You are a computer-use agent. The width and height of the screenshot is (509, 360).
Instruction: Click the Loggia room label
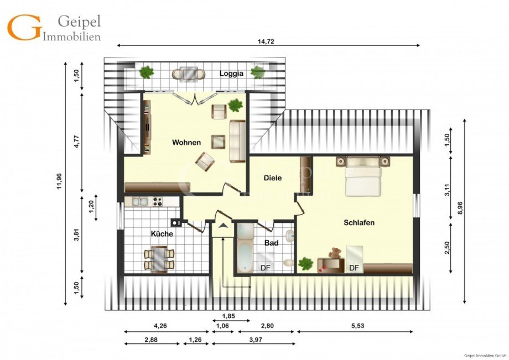(231, 74)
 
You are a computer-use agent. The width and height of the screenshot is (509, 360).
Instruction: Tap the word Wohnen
(186, 142)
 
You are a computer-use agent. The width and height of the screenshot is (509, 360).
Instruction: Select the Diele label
(273, 178)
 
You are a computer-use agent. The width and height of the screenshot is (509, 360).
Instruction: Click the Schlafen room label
(359, 222)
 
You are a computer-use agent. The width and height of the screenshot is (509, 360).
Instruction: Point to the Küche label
(162, 234)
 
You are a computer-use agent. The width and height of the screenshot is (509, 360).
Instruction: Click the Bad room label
(272, 243)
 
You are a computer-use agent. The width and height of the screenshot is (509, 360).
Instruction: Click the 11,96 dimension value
(59, 181)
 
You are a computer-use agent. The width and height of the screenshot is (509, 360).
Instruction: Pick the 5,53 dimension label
(358, 326)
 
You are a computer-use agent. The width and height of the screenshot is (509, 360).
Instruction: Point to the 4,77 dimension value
(76, 142)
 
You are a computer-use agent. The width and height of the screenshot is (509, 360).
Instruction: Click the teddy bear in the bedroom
(335, 253)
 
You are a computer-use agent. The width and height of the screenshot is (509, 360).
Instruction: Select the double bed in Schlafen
(362, 176)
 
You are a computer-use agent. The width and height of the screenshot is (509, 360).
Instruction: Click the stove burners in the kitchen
(158, 201)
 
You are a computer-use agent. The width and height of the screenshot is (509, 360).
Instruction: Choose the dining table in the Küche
(159, 258)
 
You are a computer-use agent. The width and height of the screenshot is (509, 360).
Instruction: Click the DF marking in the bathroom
(266, 268)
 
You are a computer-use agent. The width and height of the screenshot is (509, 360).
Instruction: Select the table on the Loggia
(189, 74)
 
